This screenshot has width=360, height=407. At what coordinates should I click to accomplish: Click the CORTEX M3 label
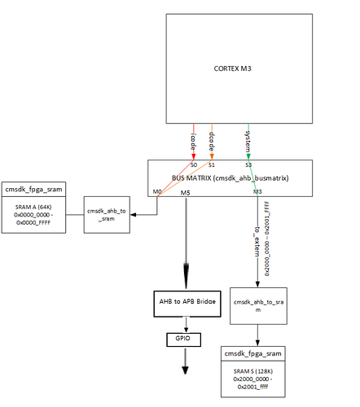pos(232,68)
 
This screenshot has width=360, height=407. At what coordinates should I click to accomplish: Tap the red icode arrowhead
pos(194,156)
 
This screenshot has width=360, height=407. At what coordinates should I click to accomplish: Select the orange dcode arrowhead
pos(212,156)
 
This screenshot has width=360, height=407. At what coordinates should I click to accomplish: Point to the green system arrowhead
pos(248,156)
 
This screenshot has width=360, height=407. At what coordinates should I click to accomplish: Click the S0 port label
pos(194,164)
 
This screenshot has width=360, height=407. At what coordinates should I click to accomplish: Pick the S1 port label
pos(212,164)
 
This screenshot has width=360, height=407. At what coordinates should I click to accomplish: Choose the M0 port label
pos(157,191)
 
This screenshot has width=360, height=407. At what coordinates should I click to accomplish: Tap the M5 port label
pos(186,193)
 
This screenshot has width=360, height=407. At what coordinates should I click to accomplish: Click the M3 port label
pos(257,191)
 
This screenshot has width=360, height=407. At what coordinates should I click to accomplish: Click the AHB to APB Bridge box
pos(187,304)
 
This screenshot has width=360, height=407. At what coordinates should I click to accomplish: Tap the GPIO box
pos(183,339)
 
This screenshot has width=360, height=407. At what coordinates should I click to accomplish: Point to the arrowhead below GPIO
pos(185,370)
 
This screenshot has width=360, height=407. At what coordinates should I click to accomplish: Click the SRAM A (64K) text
pos(33,207)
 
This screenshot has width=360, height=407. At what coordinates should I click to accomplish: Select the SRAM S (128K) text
pos(253,371)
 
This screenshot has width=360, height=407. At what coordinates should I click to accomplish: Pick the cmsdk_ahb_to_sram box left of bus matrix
pos(107,215)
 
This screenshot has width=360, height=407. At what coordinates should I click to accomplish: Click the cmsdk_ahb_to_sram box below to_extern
pos(258,306)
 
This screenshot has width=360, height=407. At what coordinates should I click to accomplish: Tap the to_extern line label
pos(257,242)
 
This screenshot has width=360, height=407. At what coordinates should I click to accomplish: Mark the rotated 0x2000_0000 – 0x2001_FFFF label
pos(267,239)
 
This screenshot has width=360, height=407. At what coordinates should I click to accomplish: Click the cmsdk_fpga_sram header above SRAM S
pos(252,353)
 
